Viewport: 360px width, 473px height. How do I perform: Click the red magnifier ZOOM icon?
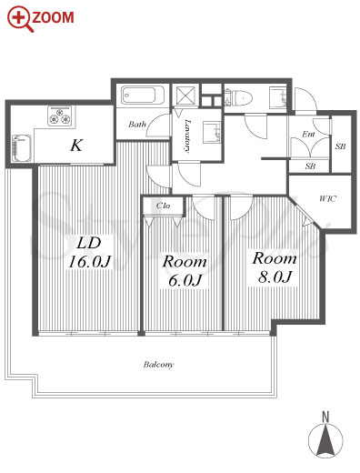20,19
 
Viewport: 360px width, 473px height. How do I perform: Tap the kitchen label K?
76,146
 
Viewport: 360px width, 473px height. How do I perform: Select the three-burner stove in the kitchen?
59,116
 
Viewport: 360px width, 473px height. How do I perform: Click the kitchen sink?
22,148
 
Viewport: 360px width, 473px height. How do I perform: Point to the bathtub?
143,96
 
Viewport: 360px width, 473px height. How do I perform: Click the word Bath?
137,124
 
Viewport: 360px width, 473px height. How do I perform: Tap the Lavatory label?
187,136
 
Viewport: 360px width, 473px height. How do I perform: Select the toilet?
238,97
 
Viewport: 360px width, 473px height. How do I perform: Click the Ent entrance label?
308,134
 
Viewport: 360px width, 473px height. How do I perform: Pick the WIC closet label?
327,199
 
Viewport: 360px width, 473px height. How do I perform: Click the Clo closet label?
163,206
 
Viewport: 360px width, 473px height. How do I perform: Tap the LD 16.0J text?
89,252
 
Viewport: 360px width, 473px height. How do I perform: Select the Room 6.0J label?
185,270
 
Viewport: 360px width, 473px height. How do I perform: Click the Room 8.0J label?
275,267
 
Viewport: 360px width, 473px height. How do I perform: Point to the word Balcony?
158,365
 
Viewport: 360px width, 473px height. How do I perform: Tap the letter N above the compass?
325,417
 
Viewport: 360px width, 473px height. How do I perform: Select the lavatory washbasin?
212,132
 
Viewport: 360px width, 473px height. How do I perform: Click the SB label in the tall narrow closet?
341,146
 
